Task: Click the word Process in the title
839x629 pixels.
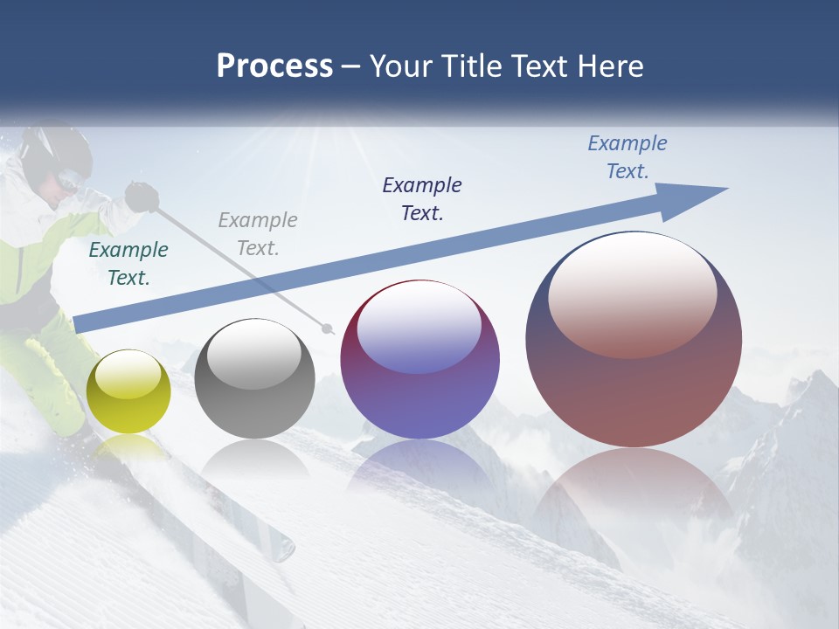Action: [x=274, y=66]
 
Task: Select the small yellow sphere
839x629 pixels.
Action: [x=129, y=391]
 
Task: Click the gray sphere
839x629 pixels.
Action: [x=254, y=379]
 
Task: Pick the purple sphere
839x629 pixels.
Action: [x=419, y=360]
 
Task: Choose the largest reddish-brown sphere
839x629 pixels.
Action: [x=634, y=341]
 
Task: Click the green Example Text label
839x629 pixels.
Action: [x=128, y=264]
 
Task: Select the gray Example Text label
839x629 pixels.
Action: [x=258, y=234]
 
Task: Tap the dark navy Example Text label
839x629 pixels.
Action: [x=422, y=198]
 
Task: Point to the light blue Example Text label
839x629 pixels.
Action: [x=628, y=157]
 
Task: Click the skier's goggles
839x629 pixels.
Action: [x=70, y=183]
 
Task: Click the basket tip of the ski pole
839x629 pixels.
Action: [x=328, y=329]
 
